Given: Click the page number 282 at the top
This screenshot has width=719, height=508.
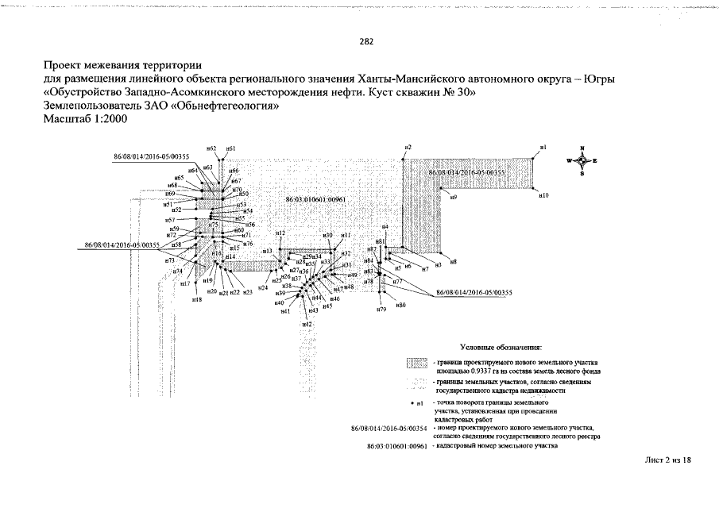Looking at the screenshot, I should (x=366, y=42).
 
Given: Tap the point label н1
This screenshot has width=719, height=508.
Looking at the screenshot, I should (x=543, y=148).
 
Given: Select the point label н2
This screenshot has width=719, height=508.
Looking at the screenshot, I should (x=408, y=148).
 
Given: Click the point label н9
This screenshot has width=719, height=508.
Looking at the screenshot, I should (x=454, y=196).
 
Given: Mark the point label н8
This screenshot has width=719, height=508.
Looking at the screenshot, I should (x=454, y=261).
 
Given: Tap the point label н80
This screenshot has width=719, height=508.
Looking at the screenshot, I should (x=400, y=305).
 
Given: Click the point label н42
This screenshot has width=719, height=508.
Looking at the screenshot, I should (x=307, y=325).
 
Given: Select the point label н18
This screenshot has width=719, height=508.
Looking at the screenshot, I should (x=197, y=300).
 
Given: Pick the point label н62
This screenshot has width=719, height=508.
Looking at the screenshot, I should (x=211, y=148).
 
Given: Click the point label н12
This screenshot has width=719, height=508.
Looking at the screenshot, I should (x=280, y=233).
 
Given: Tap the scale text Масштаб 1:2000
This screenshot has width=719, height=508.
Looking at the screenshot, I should (x=85, y=119).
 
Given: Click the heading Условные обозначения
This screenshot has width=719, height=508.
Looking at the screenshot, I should (x=501, y=348).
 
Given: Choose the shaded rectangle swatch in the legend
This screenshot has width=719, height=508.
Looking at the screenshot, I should (x=417, y=364).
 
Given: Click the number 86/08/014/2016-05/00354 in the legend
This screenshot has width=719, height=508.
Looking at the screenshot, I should (x=389, y=429).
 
